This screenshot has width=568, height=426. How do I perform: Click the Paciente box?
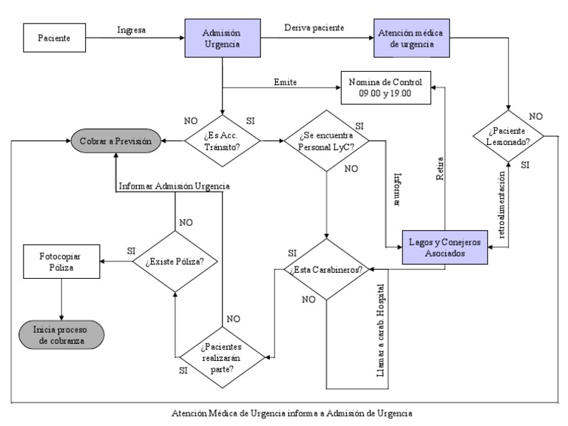(56, 38)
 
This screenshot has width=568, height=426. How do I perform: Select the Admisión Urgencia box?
(223, 38)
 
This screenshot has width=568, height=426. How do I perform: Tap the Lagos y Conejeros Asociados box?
(444, 247)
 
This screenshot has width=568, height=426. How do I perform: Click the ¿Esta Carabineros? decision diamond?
(326, 270)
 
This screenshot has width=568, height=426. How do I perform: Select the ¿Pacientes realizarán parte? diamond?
(222, 356)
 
